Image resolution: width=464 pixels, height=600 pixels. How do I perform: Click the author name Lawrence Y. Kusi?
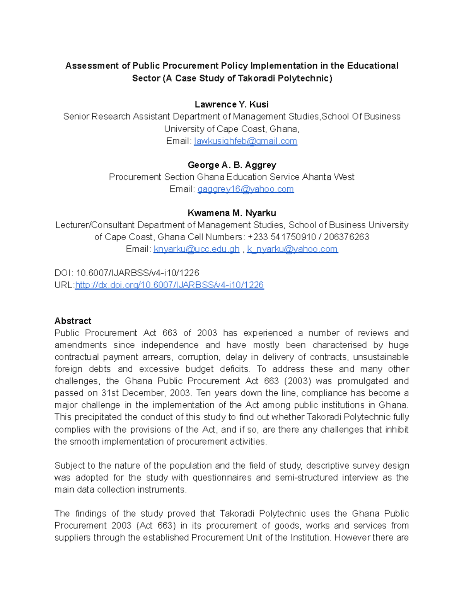232,104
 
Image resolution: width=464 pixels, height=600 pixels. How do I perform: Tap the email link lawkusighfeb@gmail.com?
245,141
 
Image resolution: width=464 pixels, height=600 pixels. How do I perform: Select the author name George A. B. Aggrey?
232,165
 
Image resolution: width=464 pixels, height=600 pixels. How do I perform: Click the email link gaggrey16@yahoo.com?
246,189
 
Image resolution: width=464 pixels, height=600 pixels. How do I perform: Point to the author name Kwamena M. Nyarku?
232,213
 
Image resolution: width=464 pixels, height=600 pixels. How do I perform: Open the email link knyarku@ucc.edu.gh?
196,249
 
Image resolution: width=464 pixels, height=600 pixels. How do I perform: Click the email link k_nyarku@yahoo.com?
292,249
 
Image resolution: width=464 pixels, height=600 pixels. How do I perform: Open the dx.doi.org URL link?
169,285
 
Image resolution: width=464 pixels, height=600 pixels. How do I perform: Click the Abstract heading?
73,321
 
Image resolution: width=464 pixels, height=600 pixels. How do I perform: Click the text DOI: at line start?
64,273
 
